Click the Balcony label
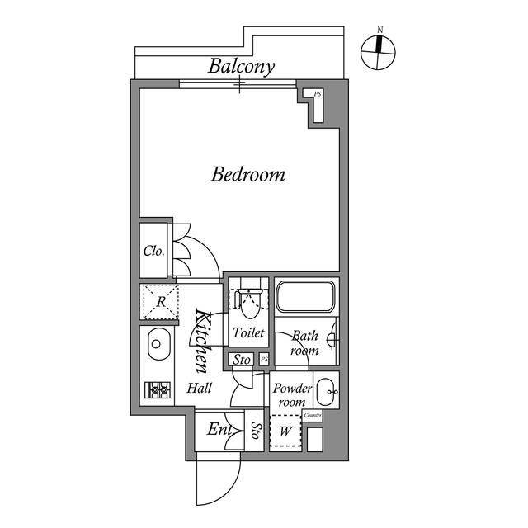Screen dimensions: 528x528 241,66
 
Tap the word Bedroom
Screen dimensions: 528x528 248,175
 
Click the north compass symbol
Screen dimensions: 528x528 379,54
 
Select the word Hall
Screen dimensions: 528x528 199,388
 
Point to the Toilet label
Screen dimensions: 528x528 248,333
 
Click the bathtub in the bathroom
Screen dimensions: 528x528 305,297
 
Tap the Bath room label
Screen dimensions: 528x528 304,343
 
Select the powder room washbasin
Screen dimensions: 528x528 327,390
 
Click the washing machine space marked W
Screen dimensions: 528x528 286,430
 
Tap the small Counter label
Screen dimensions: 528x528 313,415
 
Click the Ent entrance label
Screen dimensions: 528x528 218,430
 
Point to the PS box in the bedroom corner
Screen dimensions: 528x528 317,95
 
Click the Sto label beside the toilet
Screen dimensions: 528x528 241,360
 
